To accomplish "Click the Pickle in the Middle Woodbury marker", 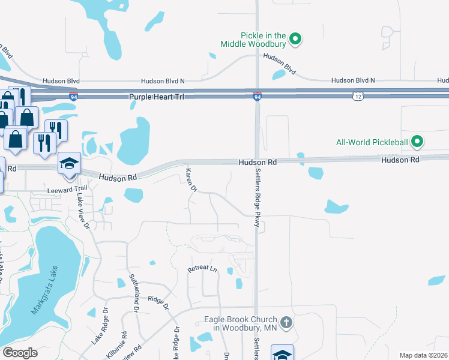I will (295, 40).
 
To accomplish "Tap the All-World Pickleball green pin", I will (418, 142).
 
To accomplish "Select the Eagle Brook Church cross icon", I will (286, 323).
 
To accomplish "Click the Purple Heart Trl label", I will (158, 97).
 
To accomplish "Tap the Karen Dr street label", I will (191, 180).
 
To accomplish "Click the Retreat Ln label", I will (202, 269).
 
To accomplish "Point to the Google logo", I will (20, 353).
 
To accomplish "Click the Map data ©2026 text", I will (423, 355).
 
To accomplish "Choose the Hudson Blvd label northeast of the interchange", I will (280, 64).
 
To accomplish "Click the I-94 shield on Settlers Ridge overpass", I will (257, 96).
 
